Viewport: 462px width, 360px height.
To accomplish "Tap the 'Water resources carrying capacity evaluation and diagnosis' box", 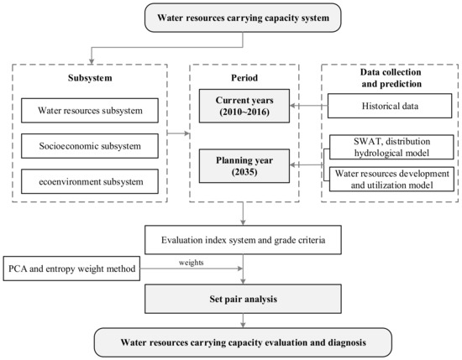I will pos(244,342).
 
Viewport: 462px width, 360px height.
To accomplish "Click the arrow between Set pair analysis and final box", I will pos(244,319).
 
